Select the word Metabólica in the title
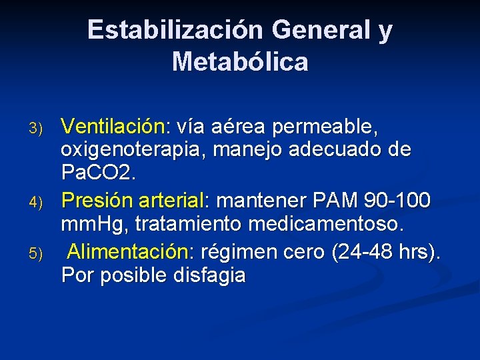[240, 62]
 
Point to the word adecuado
[339, 150]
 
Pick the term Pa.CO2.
[98, 173]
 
